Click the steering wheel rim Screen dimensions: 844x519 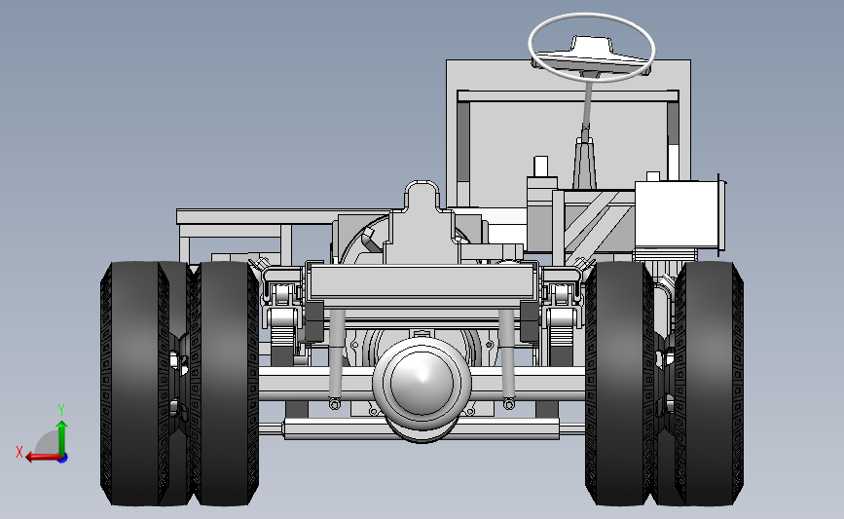pyautogui.click(x=592, y=16)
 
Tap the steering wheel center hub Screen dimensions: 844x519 pyautogui.click(x=592, y=49)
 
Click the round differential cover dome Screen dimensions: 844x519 pyautogui.click(x=422, y=381)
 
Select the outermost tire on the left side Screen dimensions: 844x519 pyautogui.click(x=130, y=384)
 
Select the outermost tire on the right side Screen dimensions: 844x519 pyautogui.click(x=710, y=384)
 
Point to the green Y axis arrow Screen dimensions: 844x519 pyautogui.click(x=62, y=439)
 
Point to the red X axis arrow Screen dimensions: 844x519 pyautogui.click(x=43, y=458)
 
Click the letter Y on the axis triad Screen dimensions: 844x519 pyautogui.click(x=61, y=410)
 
